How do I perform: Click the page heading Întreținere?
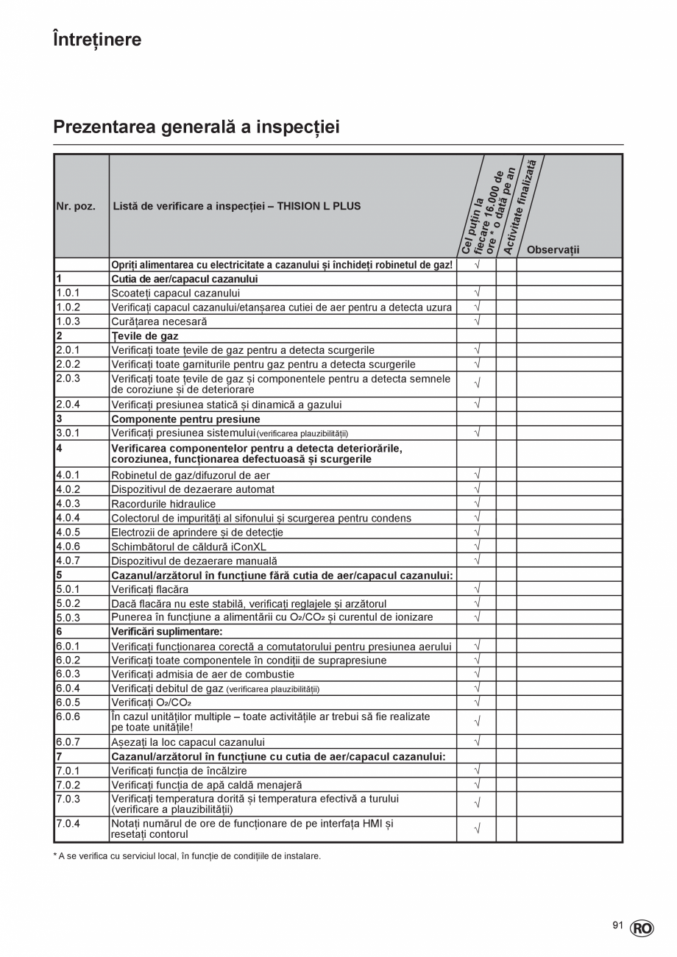[x=97, y=40]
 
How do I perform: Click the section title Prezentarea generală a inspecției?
[x=196, y=127]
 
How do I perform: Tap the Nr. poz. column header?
[x=76, y=207]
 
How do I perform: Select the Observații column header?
[x=553, y=250]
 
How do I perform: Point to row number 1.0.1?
[x=68, y=293]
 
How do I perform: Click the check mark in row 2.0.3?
[x=477, y=383]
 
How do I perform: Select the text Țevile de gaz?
[x=144, y=336]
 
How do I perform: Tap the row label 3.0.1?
[x=68, y=433]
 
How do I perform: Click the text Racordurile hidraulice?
[x=163, y=504]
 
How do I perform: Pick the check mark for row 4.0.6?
[x=477, y=546]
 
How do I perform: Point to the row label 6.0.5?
[x=68, y=702]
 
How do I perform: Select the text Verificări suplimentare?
[x=166, y=631]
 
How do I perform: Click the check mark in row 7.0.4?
[x=477, y=829]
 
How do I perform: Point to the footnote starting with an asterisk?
[x=187, y=855]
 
